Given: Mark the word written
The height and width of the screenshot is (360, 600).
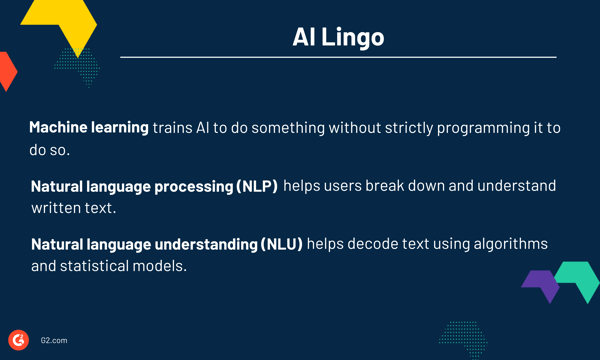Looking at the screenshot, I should [x=57, y=208].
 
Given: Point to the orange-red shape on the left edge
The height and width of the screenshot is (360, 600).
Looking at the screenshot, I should [x=7, y=70].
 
